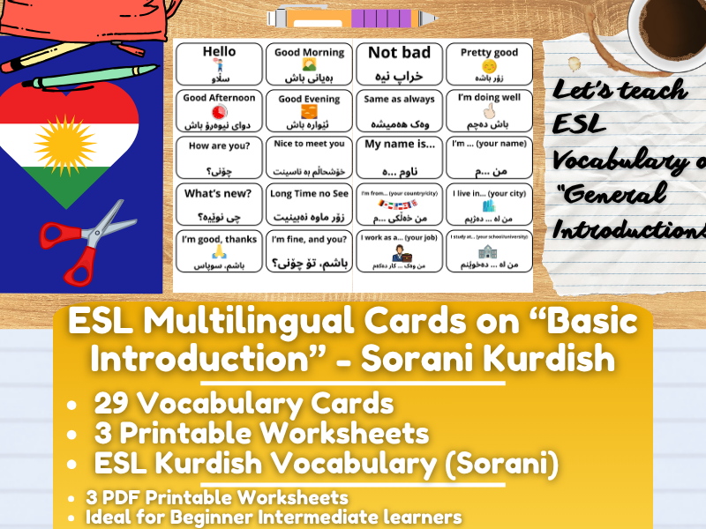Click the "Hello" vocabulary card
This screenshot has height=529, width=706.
(219, 64)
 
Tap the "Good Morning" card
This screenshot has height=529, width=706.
(309, 64)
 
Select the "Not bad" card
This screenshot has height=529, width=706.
(400, 64)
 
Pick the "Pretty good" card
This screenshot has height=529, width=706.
(489, 64)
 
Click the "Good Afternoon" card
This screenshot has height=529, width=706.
(219, 111)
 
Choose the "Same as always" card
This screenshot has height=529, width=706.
(400, 111)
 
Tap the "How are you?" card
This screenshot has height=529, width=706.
(219, 157)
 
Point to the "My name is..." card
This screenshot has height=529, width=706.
(400, 157)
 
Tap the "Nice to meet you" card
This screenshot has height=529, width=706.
(309, 157)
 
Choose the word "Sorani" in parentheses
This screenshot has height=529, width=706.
(497, 461)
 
